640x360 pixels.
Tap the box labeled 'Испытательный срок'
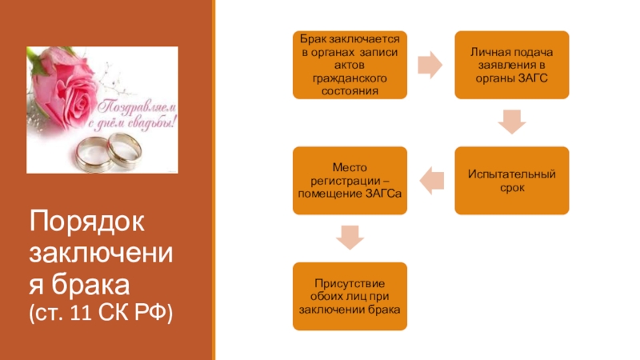point(511,180)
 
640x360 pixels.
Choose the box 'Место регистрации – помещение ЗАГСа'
point(350,180)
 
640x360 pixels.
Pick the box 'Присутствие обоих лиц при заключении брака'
point(350,296)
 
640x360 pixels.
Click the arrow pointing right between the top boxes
point(430,65)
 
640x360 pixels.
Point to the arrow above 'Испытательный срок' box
point(511,122)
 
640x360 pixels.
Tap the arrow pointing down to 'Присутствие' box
point(350,238)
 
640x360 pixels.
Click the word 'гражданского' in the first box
point(350,79)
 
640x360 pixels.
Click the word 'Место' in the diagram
point(350,166)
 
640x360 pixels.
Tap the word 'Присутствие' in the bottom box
point(350,282)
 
